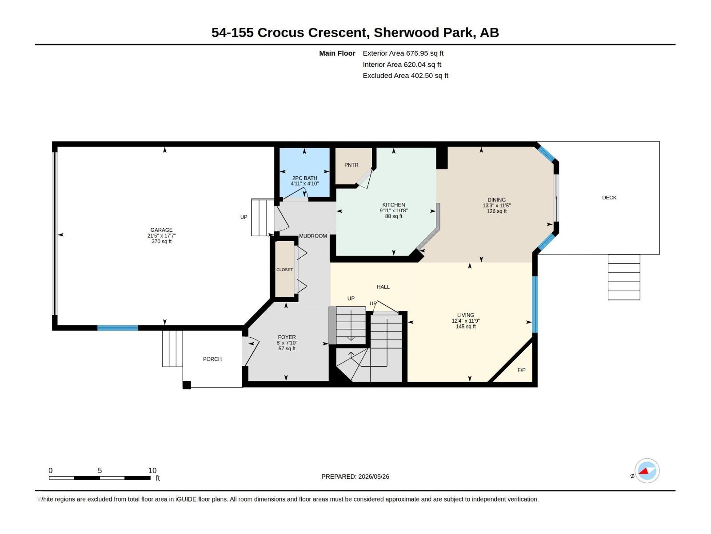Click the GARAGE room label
(x=161, y=230)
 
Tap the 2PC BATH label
(x=304, y=178)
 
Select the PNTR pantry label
(x=351, y=165)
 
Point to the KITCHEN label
(x=394, y=205)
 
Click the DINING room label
(x=496, y=200)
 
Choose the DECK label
(x=609, y=198)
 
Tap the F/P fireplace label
(x=521, y=370)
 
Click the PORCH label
(x=212, y=359)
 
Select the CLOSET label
(x=284, y=270)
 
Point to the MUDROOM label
(x=313, y=236)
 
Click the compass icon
(x=647, y=471)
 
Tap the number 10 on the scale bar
(x=152, y=470)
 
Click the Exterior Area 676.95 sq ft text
(x=403, y=53)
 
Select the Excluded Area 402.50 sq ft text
(x=405, y=76)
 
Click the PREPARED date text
(x=355, y=477)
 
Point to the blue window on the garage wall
(x=118, y=328)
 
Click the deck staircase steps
(x=623, y=277)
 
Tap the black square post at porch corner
(x=187, y=385)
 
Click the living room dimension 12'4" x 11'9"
(x=465, y=321)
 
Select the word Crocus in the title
(x=280, y=32)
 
